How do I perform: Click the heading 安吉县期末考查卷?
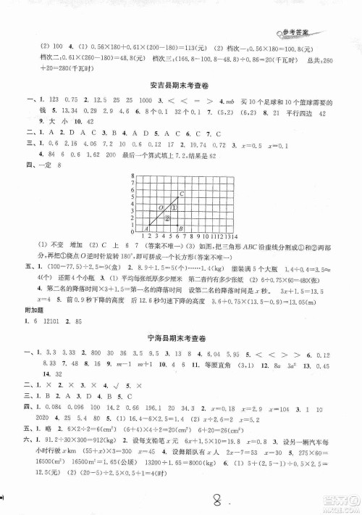180,81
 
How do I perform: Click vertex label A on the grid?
146,228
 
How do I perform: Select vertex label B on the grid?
180,228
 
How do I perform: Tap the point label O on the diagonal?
161,207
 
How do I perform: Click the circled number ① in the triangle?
174,207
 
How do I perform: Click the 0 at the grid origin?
133,232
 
